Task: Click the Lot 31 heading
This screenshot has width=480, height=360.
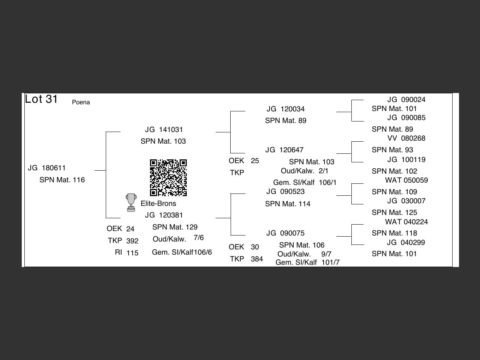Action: point(41,99)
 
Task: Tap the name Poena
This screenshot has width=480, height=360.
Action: point(81,102)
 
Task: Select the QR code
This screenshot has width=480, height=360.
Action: point(168,178)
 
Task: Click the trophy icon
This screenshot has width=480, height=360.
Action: point(131,202)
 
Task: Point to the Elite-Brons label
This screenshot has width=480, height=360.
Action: point(158,203)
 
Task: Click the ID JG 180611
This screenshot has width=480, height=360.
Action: point(47,168)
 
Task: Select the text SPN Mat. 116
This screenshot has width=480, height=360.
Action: point(62,180)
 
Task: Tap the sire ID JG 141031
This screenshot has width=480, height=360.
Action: point(164,129)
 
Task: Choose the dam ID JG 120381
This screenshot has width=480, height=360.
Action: point(164,215)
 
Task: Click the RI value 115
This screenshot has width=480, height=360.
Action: point(132,253)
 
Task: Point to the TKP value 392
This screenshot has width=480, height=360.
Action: point(132,241)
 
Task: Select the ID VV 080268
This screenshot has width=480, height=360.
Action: point(406,138)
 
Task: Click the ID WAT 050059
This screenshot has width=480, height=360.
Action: point(406,180)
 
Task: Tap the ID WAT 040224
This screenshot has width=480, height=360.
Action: point(406,222)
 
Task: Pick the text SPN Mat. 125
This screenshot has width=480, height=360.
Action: point(394,212)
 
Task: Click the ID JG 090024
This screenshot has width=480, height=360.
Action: point(406,99)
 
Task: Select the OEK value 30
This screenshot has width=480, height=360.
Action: point(255,247)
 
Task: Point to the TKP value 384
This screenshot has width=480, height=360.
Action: point(257,259)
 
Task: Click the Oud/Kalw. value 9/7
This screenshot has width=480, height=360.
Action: point(326,254)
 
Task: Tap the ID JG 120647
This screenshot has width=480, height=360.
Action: point(284,150)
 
